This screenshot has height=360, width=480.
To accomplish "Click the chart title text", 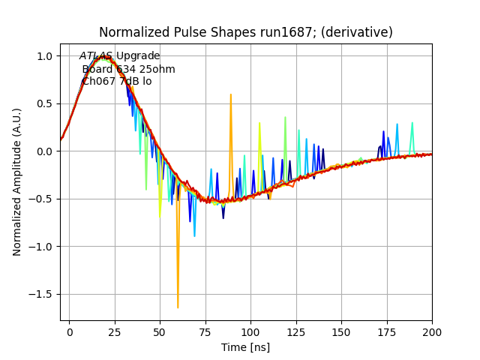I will click(246, 32).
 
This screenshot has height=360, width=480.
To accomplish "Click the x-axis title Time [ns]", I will click(245, 347).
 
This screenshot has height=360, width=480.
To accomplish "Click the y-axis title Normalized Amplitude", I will click(17, 181).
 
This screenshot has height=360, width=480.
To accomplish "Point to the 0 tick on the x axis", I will click(70, 331).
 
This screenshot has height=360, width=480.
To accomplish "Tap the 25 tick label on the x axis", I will click(115, 331).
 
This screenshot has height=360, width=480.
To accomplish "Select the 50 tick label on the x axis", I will click(160, 331).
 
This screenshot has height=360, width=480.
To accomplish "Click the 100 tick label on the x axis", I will click(250, 331).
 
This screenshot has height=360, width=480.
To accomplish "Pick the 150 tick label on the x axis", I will click(341, 331).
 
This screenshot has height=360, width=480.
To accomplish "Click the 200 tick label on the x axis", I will click(431, 331).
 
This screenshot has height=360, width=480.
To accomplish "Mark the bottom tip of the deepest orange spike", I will click(178, 307).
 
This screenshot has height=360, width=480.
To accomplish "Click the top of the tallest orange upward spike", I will click(231, 94).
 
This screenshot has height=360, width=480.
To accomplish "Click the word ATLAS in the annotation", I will click(96, 56).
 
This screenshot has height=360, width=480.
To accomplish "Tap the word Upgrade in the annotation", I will click(138, 56).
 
